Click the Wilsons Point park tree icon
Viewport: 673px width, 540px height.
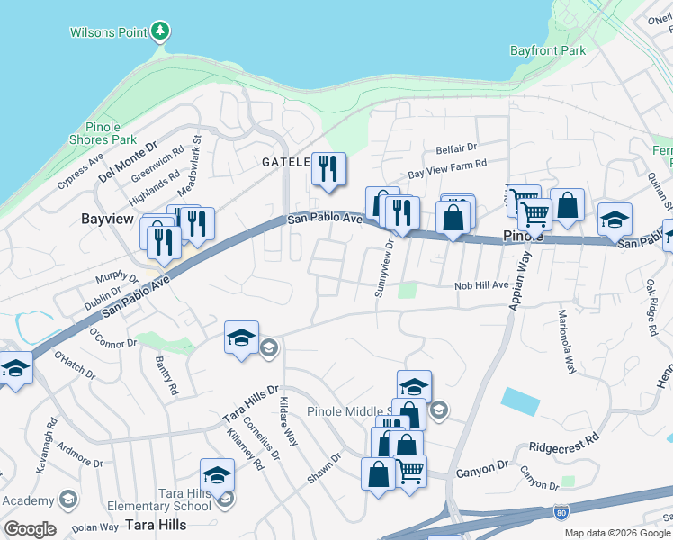click(160, 32)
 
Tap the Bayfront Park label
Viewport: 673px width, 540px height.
click(548, 51)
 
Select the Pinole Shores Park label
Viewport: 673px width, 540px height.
click(103, 133)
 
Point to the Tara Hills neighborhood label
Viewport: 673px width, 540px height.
click(157, 524)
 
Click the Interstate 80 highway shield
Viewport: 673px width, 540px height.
click(561, 510)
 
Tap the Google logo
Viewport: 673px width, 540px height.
click(30, 529)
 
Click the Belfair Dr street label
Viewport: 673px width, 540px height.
click(456, 147)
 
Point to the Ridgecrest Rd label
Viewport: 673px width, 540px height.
click(564, 444)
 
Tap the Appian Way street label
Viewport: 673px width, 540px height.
click(520, 282)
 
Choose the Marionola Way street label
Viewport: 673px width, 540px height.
click(566, 343)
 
